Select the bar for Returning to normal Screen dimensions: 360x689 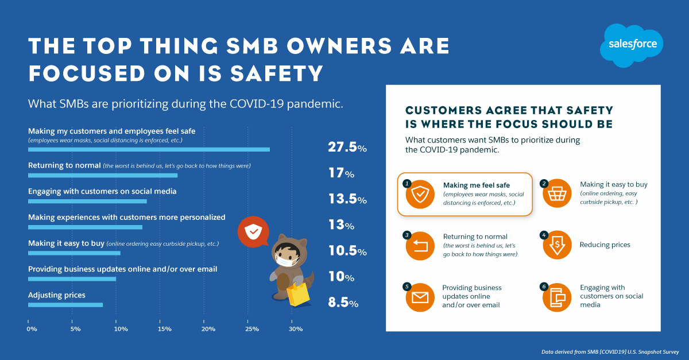click(103, 175)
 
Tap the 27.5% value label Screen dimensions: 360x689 click(347, 148)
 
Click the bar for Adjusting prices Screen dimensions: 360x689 click(65, 304)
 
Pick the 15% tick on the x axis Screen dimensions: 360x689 click(164, 329)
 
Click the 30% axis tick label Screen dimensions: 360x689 click(295, 329)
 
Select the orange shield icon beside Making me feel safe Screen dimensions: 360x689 click(420, 194)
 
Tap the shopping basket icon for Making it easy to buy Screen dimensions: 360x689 click(556, 195)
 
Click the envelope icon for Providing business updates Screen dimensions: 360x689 click(420, 297)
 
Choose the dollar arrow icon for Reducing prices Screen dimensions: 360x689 click(556, 245)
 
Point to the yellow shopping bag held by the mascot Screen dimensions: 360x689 click(299, 294)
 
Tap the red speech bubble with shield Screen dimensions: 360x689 click(253, 232)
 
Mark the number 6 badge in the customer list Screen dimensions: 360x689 click(544, 285)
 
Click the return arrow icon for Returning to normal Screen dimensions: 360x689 click(420, 246)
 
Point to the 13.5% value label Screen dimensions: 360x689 click(347, 200)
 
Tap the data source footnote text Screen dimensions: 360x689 click(610, 351)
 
